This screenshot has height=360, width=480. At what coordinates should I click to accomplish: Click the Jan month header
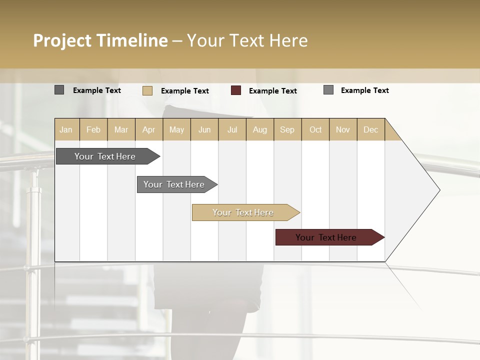(66, 129)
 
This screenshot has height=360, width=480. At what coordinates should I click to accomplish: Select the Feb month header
(93, 129)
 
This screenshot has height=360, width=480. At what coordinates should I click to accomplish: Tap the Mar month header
(121, 129)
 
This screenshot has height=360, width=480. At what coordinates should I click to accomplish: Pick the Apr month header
(149, 129)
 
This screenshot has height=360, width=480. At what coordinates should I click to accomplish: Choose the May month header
(176, 129)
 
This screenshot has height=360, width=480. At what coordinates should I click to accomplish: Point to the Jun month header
(204, 129)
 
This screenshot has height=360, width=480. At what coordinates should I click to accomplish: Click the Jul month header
(232, 129)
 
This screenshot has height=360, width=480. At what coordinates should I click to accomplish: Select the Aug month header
(260, 129)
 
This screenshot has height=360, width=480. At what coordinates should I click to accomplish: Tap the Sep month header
(287, 129)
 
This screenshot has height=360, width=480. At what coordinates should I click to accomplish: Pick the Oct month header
(315, 129)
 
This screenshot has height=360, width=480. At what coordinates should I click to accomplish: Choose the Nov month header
(343, 129)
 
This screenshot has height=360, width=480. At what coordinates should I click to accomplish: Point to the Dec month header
(371, 129)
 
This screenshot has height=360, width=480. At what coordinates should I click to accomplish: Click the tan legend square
(147, 90)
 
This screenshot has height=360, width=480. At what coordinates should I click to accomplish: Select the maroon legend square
(236, 90)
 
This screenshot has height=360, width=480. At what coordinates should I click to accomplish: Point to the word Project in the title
(62, 40)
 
